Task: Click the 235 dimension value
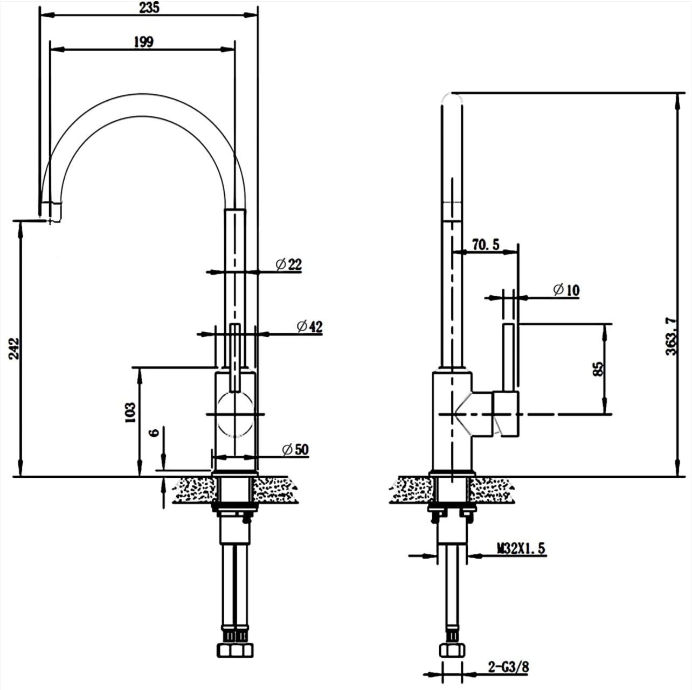pos(149,8)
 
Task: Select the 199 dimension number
pos(144,42)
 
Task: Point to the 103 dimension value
pos(130,413)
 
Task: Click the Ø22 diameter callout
pos(289,264)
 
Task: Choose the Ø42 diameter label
pos(309,327)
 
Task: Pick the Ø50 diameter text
pos(295,449)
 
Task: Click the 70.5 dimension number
pos(486,245)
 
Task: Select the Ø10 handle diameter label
pos(566,290)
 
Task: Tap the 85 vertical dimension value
pos(598,368)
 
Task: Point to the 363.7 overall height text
pos(671,337)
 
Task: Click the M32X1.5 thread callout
pos(521,548)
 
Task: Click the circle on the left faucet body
pos(235,414)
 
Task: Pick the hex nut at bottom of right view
pos(452,651)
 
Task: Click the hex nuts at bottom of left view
pos(235,651)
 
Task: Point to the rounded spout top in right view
pos(452,99)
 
